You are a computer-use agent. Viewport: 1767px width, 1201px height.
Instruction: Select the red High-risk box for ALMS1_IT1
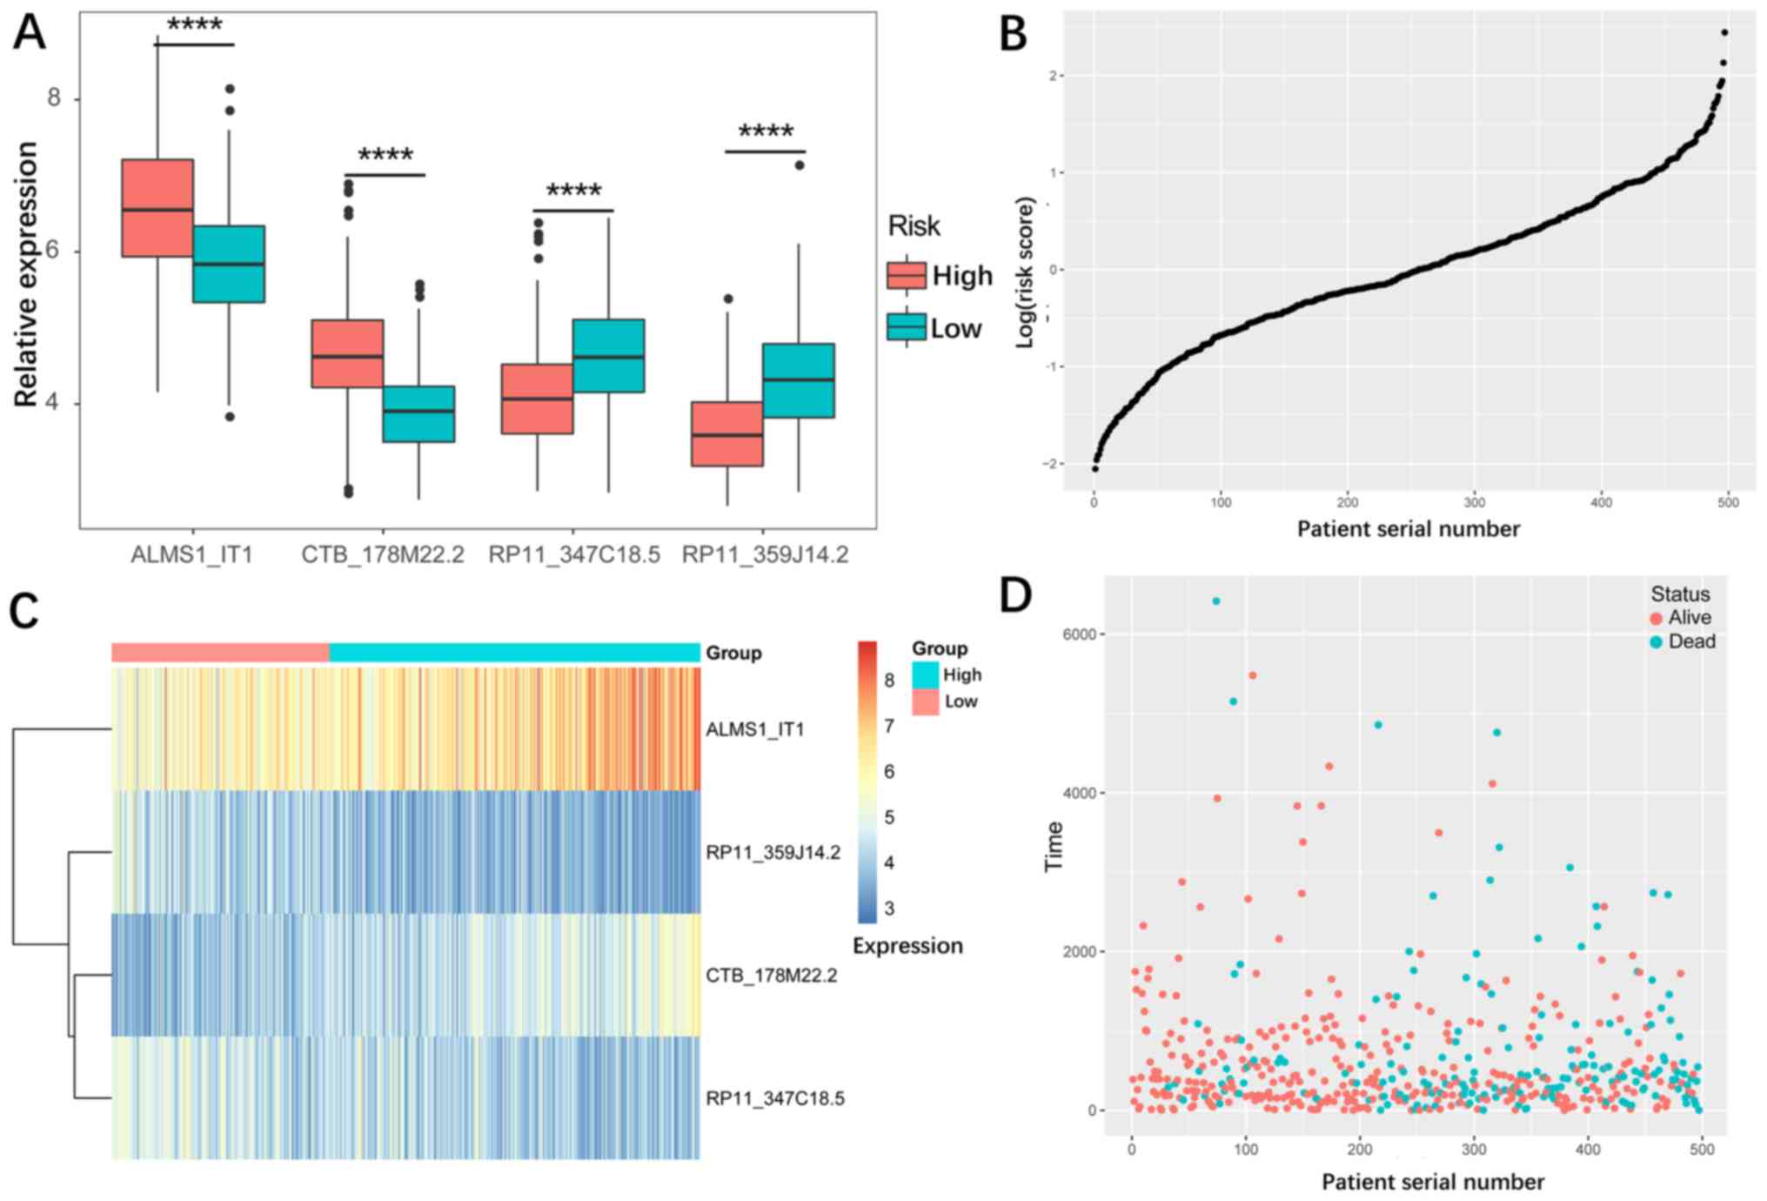click(157, 208)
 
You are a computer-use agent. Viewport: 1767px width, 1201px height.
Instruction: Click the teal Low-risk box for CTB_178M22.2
click(418, 413)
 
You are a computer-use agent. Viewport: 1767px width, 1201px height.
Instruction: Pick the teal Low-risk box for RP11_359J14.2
click(798, 380)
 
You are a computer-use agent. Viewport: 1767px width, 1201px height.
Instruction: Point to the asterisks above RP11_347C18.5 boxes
click(573, 191)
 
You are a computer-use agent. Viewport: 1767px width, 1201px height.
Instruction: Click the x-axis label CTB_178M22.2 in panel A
click(382, 554)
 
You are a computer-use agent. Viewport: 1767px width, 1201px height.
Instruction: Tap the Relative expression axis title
click(27, 273)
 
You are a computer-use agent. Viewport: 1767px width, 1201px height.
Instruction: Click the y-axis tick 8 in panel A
click(54, 97)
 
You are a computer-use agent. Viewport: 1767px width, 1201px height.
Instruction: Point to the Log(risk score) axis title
click(1026, 272)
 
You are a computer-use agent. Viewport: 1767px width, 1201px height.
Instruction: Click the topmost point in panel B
click(1724, 33)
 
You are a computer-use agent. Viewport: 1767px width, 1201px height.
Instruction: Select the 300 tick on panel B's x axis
click(1475, 502)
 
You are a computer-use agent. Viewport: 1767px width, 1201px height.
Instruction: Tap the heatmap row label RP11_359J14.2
click(773, 852)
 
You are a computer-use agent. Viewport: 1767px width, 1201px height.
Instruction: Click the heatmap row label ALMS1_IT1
click(754, 729)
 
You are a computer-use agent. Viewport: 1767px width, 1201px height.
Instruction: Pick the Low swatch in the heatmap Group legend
click(926, 701)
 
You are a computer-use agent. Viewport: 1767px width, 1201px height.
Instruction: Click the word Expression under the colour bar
click(907, 946)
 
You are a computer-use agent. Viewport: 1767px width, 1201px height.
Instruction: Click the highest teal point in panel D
click(1216, 601)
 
